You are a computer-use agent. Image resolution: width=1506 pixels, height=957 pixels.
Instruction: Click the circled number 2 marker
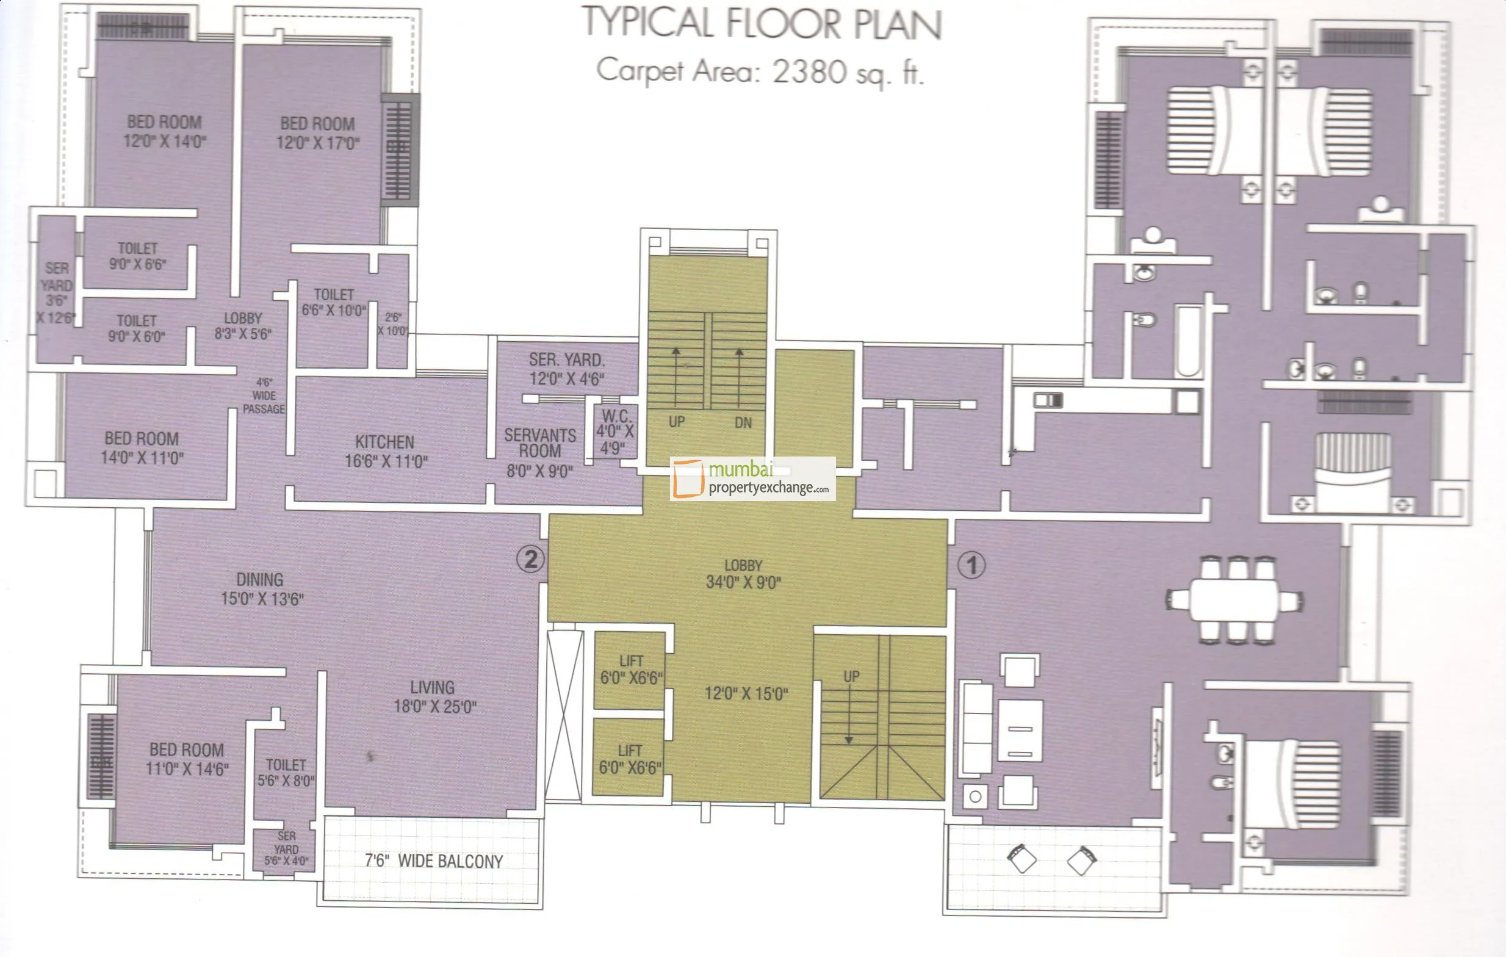pyautogui.click(x=530, y=558)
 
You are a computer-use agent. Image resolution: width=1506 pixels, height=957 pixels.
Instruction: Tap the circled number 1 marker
pyautogui.click(x=971, y=565)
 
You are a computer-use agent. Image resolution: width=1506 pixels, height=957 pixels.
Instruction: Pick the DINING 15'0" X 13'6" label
pyautogui.click(x=261, y=588)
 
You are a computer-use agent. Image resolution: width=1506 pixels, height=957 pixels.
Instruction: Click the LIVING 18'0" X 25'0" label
pyautogui.click(x=434, y=696)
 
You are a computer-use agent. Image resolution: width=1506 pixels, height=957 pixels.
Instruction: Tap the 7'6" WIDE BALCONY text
pyautogui.click(x=433, y=861)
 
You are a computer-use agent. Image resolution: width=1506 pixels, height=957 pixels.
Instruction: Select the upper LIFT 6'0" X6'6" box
pyautogui.click(x=630, y=670)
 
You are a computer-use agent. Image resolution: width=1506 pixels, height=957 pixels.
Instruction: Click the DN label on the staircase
pyautogui.click(x=743, y=423)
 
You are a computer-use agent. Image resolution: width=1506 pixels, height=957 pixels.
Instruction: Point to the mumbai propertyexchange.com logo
pyautogui.click(x=752, y=478)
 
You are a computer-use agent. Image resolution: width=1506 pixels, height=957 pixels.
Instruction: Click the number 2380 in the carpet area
pyautogui.click(x=809, y=71)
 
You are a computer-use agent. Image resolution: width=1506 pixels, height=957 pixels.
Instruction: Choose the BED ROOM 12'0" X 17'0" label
pyautogui.click(x=318, y=132)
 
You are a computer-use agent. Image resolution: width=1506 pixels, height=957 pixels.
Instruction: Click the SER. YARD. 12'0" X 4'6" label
pyautogui.click(x=567, y=369)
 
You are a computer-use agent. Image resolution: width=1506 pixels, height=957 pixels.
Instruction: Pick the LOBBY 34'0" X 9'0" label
pyautogui.click(x=743, y=574)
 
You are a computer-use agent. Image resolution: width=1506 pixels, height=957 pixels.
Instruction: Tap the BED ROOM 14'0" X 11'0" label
pyautogui.click(x=142, y=448)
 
